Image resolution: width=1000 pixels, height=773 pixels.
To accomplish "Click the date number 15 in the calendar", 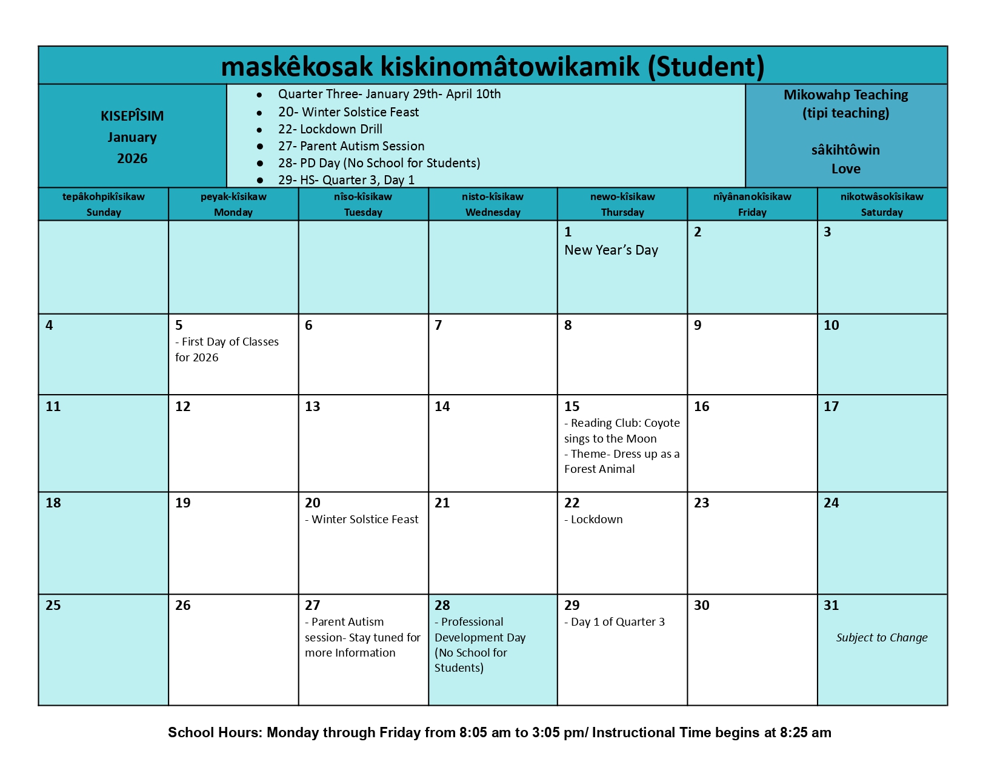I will click(572, 406).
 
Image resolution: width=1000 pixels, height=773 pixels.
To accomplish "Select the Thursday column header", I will click(622, 204).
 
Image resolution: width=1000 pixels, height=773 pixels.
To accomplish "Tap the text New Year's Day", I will click(611, 250).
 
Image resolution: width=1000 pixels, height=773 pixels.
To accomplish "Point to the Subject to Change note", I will click(882, 637).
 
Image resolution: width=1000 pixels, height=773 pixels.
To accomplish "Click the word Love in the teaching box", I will click(845, 169).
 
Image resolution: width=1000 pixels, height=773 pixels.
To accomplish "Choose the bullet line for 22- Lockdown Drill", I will click(330, 129).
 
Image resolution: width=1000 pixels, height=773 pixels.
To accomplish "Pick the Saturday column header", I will click(882, 204).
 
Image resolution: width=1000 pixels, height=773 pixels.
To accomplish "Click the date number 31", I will click(831, 605).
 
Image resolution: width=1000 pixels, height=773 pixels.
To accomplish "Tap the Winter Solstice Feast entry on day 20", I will click(362, 520).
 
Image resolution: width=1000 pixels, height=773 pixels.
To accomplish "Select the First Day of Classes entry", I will click(227, 349).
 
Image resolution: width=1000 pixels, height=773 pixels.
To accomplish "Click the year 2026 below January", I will click(132, 158).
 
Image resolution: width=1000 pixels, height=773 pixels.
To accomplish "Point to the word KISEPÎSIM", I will click(132, 116).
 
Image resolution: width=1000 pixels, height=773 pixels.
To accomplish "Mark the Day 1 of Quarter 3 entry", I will click(615, 622).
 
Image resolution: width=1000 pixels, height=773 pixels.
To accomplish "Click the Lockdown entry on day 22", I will click(593, 520).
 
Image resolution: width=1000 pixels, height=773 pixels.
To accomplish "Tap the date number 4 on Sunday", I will click(49, 326).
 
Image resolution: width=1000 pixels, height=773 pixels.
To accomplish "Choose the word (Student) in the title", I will click(706, 66).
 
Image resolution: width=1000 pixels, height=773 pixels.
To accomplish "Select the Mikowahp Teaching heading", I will click(845, 95).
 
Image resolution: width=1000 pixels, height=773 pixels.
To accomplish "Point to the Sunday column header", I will click(104, 204).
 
